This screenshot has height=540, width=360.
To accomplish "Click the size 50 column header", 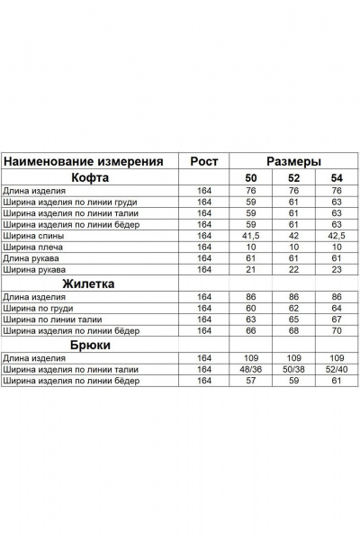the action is [x=251, y=177].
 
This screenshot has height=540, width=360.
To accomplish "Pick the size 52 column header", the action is [x=293, y=177].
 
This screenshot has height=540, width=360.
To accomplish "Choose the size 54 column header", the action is [x=337, y=177].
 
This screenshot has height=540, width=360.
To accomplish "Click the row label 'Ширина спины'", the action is [x=31, y=235].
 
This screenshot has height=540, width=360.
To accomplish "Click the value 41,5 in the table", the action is [x=251, y=235].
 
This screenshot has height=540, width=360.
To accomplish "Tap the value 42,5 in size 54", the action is [x=337, y=235].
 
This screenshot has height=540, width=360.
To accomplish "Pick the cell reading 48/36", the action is [x=251, y=370].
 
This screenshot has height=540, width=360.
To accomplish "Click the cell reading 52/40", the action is [x=337, y=370].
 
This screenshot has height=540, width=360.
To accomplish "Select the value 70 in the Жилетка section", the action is [x=337, y=331].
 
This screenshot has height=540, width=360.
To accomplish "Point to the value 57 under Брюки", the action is [x=251, y=382].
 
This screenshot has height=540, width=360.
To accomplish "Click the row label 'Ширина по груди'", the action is [x=39, y=308].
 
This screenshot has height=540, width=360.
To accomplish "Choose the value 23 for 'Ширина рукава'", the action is [x=337, y=269].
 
